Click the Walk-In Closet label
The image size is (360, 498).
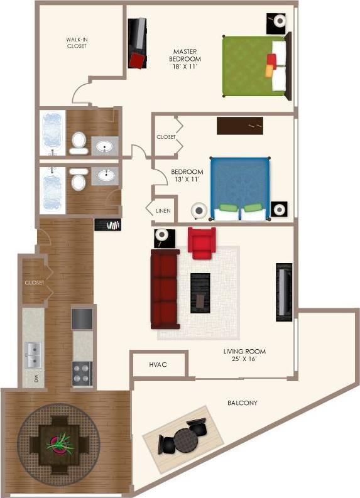77,42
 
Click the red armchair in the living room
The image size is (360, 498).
202,243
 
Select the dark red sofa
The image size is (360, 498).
165,290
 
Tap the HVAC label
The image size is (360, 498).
157,364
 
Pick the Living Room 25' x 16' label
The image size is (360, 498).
244,355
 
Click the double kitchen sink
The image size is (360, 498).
33,355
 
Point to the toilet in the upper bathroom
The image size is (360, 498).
79,143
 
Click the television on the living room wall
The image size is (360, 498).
284,290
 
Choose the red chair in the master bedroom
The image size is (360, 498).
136,60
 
